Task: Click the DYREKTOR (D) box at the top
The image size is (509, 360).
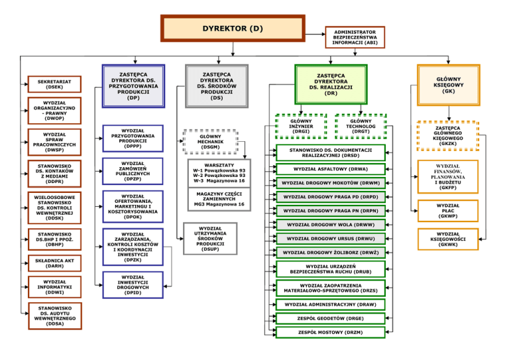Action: pyautogui.click(x=233, y=29)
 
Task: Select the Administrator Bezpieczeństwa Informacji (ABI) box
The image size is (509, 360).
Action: pyautogui.click(x=355, y=37)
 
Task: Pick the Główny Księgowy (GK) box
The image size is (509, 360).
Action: pyautogui.click(x=448, y=85)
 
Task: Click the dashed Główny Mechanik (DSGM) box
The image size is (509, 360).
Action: pyautogui.click(x=210, y=141)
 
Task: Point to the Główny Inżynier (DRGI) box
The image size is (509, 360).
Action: pyautogui.click(x=301, y=126)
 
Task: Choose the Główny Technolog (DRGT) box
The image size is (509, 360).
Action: pyautogui.click(x=361, y=126)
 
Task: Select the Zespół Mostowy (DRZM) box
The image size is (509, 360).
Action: pyautogui.click(x=330, y=331)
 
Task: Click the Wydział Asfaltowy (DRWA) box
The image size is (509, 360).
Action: pyautogui.click(x=330, y=169)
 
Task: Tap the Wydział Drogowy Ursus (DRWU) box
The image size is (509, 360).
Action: pyautogui.click(x=330, y=238)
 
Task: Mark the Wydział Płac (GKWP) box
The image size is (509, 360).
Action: pyautogui.click(x=447, y=211)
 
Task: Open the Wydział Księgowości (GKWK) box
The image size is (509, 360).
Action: pyautogui.click(x=447, y=239)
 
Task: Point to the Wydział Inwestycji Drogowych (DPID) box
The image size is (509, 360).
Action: pyautogui.click(x=133, y=284)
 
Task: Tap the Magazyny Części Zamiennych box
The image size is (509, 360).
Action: pyautogui.click(x=219, y=199)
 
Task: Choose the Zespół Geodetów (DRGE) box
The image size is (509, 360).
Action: pyautogui.click(x=330, y=318)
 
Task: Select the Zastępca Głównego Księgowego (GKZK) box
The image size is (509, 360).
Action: pyautogui.click(x=447, y=135)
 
